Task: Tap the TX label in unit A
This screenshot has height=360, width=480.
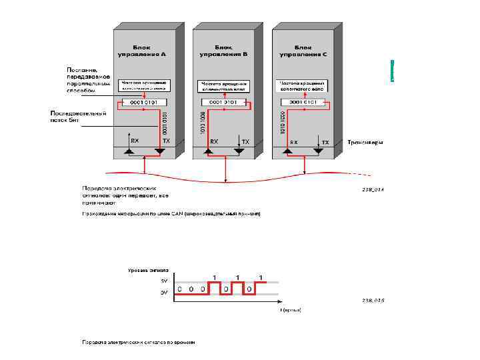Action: click(166, 141)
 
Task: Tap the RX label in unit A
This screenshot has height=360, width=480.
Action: click(135, 141)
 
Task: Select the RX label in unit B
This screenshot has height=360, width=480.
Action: click(214, 142)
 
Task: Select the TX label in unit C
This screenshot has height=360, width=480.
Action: click(325, 143)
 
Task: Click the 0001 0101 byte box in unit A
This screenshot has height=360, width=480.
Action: click(145, 102)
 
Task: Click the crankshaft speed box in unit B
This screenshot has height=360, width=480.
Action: click(224, 85)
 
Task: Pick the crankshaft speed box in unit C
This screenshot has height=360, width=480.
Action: click(304, 85)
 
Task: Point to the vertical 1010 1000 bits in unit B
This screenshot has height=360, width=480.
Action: click(203, 122)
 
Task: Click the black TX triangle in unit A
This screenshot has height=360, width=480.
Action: click(160, 152)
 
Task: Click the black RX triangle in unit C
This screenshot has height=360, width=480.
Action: click(288, 152)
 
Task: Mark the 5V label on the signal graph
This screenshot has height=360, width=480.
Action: click(163, 281)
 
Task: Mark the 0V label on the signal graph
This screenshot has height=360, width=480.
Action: click(163, 292)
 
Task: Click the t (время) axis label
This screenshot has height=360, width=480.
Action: click(291, 311)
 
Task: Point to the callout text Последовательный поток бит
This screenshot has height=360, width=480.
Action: click(78, 117)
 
